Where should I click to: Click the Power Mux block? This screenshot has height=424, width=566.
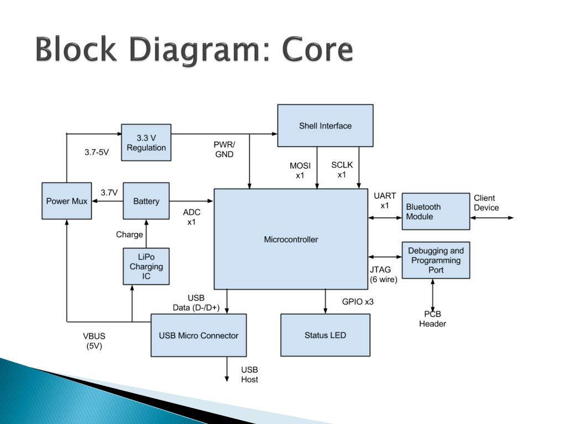[x=67, y=201]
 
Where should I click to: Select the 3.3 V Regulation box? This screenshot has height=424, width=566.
[x=146, y=142]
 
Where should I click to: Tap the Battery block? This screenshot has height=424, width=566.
[x=146, y=201]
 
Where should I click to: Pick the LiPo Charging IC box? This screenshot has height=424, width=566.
[x=146, y=267]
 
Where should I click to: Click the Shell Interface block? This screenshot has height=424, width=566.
[x=325, y=125]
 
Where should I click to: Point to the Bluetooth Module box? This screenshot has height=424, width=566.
[x=436, y=211]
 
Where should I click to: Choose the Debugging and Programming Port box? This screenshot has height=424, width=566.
[x=436, y=261]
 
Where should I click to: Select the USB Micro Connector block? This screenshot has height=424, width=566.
[x=198, y=335]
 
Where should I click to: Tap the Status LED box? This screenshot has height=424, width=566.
[x=325, y=335]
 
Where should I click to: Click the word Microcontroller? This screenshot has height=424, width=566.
[x=291, y=240]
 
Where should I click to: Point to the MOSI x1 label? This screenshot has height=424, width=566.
[x=300, y=171]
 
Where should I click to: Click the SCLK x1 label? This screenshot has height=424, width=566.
[x=342, y=170]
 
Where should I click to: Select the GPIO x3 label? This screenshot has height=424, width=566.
[x=358, y=301]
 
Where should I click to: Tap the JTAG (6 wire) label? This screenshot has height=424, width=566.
[x=384, y=274]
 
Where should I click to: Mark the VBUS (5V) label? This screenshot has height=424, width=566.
[x=94, y=341]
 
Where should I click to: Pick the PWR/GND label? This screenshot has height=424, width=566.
[x=224, y=149]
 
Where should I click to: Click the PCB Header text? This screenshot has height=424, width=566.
[x=432, y=319]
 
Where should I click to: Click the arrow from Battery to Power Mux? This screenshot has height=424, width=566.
[x=108, y=201]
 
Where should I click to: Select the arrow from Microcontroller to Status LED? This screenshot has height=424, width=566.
[x=325, y=301]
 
